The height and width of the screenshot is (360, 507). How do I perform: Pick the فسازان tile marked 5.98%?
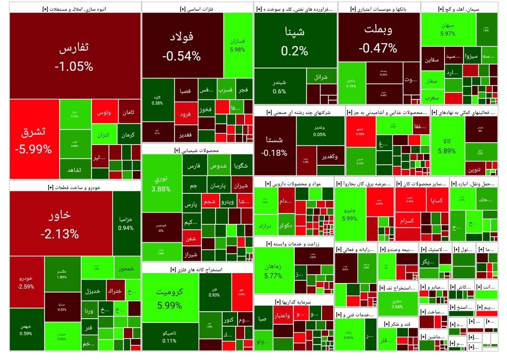click(x=238, y=45)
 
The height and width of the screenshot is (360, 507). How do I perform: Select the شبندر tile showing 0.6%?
click(x=279, y=87)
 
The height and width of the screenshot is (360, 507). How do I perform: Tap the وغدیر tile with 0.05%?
click(x=319, y=131)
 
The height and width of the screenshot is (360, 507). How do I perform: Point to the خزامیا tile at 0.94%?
click(x=126, y=223)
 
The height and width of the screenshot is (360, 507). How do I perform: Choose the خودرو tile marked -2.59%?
click(x=26, y=282)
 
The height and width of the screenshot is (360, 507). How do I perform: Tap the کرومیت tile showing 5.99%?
click(x=169, y=298)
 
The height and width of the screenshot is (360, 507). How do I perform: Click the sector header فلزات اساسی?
click(x=197, y=8)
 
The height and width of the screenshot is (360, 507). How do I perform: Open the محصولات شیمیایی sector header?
click(x=197, y=150)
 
